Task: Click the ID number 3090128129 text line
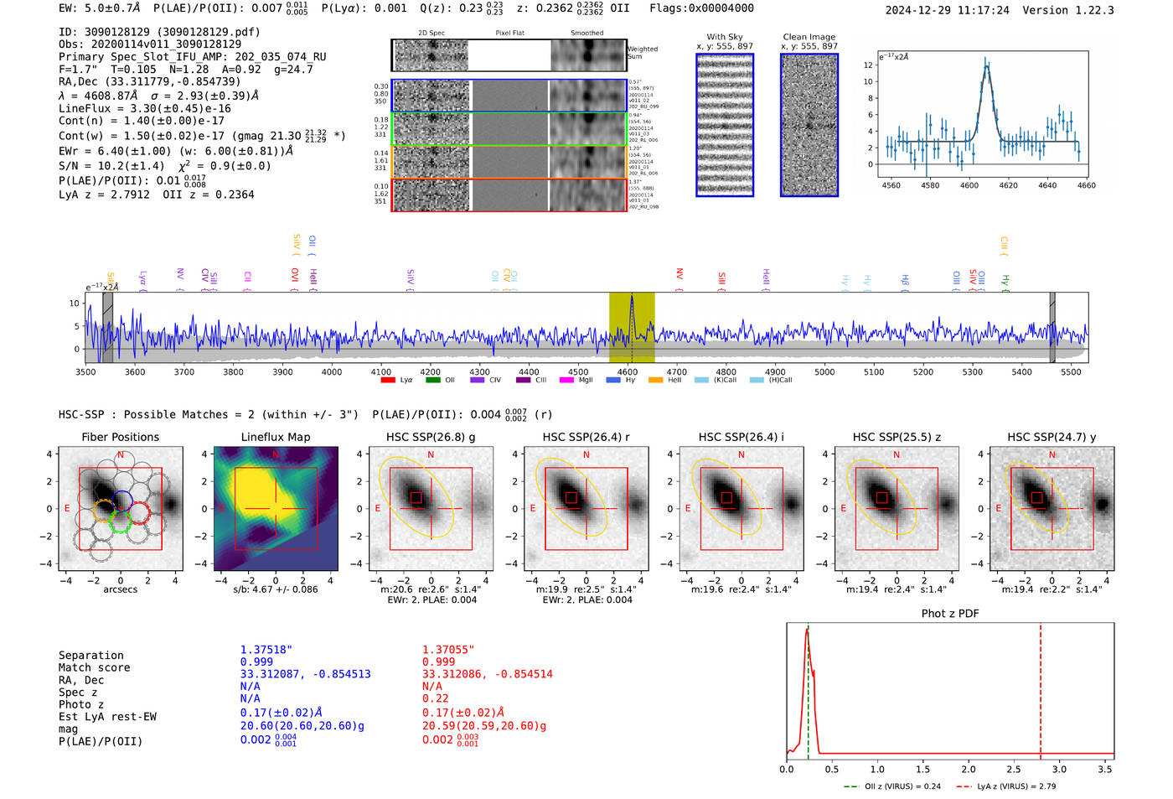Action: coord(159,32)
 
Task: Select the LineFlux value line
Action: coord(145,108)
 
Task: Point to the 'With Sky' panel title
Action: coord(724,37)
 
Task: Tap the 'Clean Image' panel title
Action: coord(809,37)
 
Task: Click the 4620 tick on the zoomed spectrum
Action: coord(1008,185)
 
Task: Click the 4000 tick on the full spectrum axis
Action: coord(332,371)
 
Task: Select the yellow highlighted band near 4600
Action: coord(632,327)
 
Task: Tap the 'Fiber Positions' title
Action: coord(120,437)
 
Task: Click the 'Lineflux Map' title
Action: coord(275,437)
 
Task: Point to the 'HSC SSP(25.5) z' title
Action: coord(897,437)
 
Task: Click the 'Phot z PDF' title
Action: coord(950,613)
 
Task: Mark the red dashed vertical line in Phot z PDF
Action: coord(1041,687)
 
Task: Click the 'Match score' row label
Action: coord(94,667)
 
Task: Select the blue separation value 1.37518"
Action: coord(266,650)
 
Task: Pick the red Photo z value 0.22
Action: coord(435,698)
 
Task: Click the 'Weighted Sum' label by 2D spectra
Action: coord(643,52)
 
